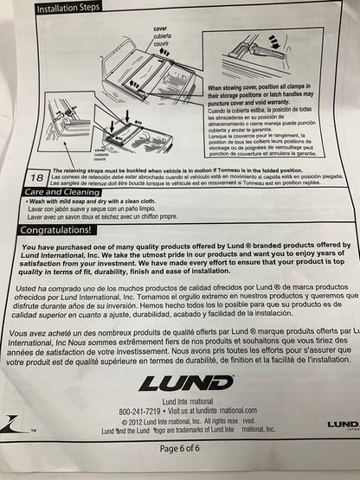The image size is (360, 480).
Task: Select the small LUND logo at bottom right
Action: pyautogui.click(x=342, y=423)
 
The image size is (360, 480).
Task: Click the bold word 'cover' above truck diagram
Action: pyautogui.click(x=159, y=29)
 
